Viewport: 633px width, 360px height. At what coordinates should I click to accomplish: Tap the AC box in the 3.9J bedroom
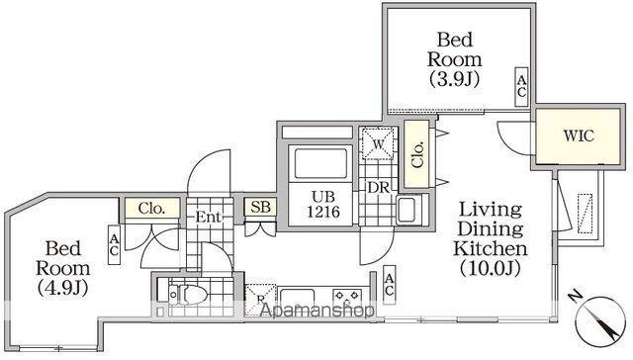click(x=520, y=87)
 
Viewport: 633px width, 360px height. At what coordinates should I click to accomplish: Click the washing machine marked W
click(x=377, y=146)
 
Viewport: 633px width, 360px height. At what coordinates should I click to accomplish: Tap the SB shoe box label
click(x=261, y=208)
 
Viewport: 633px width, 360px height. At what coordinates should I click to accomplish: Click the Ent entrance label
click(x=209, y=217)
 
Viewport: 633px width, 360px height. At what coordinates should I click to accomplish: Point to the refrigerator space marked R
click(x=259, y=296)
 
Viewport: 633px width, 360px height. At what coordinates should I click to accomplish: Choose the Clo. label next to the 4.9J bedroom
click(x=151, y=209)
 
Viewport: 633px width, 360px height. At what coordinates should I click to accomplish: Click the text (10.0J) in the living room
click(x=491, y=266)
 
